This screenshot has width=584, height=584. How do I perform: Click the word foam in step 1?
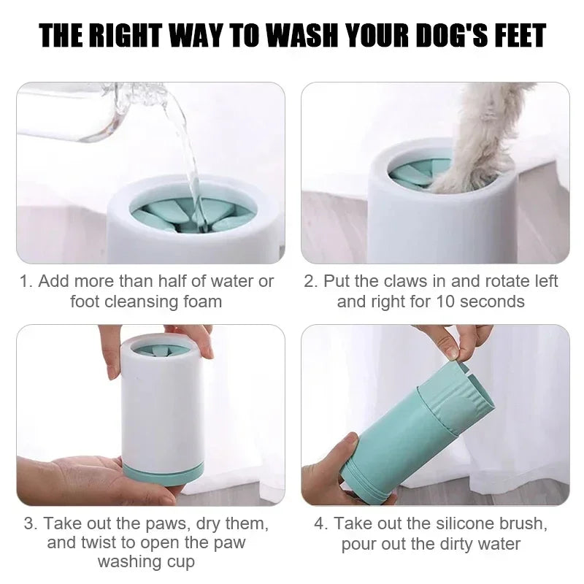coord(201,301)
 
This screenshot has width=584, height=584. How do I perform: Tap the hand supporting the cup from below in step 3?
coord(80,478)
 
